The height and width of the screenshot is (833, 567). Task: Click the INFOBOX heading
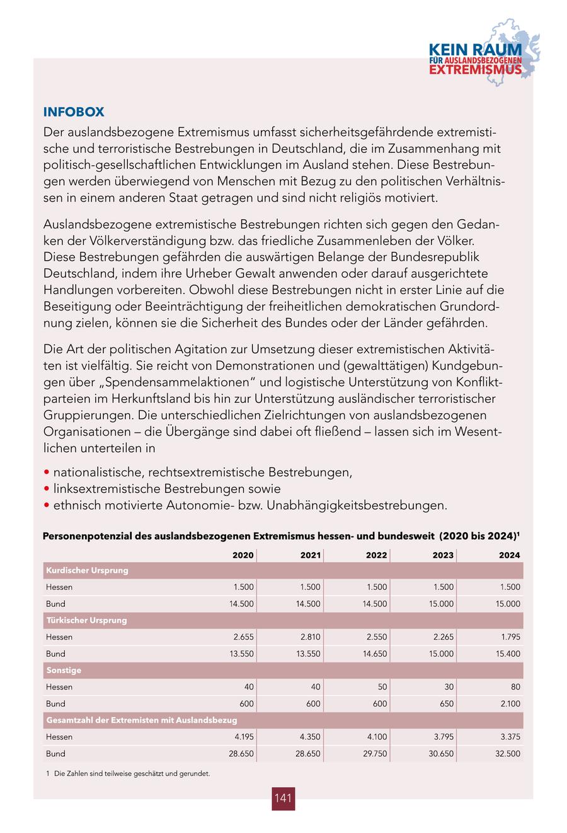click(73, 112)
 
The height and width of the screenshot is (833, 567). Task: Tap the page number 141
click(283, 798)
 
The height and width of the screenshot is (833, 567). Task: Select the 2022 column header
click(376, 555)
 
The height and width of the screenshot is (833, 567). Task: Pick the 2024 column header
click(509, 555)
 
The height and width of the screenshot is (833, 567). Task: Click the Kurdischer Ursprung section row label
click(87, 570)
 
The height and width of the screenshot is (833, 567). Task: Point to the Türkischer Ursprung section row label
click(86, 620)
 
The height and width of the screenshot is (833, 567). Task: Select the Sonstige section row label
click(64, 671)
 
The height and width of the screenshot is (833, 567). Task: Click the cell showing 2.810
click(310, 637)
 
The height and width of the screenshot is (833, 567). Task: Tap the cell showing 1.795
click(510, 637)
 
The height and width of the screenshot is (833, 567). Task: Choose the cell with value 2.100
click(510, 704)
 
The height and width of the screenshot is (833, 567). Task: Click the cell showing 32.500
click(508, 754)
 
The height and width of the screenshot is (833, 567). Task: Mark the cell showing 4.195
click(243, 737)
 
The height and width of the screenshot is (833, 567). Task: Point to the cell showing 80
click(515, 687)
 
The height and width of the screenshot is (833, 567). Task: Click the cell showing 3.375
click(510, 737)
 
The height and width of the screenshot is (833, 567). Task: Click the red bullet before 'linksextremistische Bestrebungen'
click(47, 489)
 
